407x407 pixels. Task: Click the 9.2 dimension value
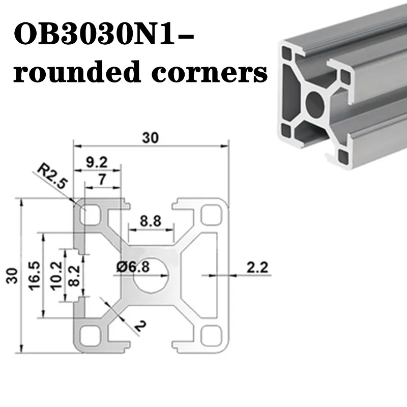click(97, 162)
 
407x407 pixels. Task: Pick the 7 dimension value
click(102, 180)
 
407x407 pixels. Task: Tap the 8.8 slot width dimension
click(151, 221)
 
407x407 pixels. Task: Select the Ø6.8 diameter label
click(133, 267)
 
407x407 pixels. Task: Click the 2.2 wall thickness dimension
click(257, 268)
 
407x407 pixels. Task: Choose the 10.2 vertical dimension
click(56, 275)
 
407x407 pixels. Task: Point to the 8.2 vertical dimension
click(74, 276)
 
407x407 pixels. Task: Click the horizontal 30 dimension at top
click(150, 138)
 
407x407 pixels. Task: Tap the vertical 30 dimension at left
click(12, 275)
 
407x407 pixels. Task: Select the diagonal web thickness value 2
click(140, 327)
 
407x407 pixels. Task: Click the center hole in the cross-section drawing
click(151, 276)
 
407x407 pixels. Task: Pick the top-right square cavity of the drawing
click(212, 215)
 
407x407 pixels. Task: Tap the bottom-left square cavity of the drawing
click(91, 336)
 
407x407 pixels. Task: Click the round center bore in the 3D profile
click(315, 103)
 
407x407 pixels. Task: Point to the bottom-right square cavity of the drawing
click(212, 336)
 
